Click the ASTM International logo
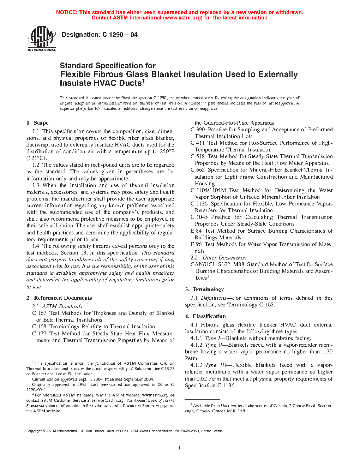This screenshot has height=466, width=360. [x=42, y=39]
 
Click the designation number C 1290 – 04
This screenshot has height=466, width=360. [x=120, y=35]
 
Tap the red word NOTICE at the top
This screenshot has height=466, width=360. [x=67, y=12]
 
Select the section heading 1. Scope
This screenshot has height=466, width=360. [x=37, y=123]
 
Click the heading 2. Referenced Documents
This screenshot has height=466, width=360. [x=59, y=298]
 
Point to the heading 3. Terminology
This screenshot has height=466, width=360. [x=204, y=289]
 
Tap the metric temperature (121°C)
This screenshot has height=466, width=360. [x=36, y=158]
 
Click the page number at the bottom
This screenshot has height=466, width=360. [x=180, y=448]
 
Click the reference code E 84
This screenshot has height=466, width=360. [x=196, y=231]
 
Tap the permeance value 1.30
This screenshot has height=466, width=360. [x=328, y=352]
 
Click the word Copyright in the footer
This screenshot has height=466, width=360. [x=34, y=431]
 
